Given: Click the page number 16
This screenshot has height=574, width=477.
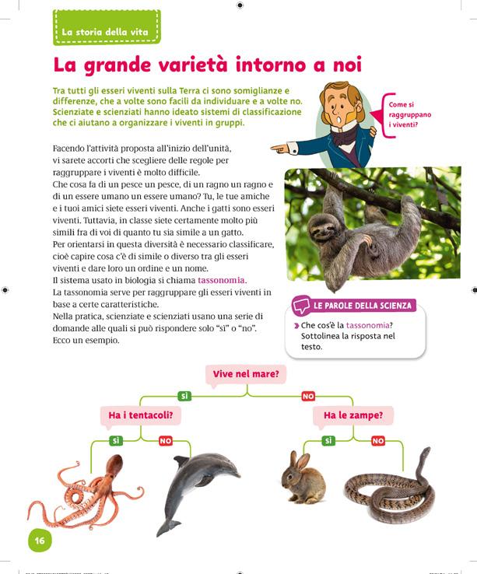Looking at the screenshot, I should coord(39,541).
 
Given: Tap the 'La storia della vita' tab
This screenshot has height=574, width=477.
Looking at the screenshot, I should coord(107,31).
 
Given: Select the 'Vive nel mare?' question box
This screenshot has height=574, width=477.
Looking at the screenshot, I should coord(247,374).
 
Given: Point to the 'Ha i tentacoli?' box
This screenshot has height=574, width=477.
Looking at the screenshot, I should coord(140,416).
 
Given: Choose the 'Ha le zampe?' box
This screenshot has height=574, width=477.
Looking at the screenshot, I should coord(353,416).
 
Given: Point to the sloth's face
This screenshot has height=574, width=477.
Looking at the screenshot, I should coord(322,229).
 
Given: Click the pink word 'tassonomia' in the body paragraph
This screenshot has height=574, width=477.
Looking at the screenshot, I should coord(222,280).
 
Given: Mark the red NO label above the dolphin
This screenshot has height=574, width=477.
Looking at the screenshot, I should coord(165,441).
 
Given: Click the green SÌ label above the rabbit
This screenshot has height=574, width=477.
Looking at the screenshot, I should coord(328,441).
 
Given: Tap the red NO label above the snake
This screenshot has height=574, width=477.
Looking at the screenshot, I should coord(377,441).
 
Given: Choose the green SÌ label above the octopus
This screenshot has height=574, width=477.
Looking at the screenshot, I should coord(116,441).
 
